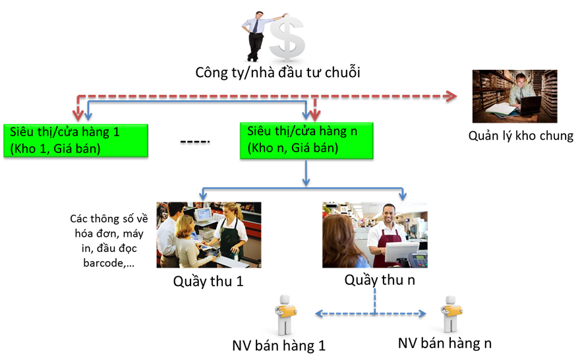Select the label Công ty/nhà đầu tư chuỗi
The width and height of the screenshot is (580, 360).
(277, 72)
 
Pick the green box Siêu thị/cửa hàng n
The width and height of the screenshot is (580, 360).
(307, 140)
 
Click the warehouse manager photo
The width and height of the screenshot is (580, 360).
(515, 96)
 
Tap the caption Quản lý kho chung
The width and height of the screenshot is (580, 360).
(521, 136)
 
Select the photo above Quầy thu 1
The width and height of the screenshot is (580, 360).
(209, 235)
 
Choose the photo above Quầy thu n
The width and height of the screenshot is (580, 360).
(374, 235)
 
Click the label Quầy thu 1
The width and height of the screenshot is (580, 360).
(208, 282)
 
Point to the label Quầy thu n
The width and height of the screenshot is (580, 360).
(380, 280)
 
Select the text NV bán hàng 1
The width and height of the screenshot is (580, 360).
(279, 345)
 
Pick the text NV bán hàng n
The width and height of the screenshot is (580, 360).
(445, 343)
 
